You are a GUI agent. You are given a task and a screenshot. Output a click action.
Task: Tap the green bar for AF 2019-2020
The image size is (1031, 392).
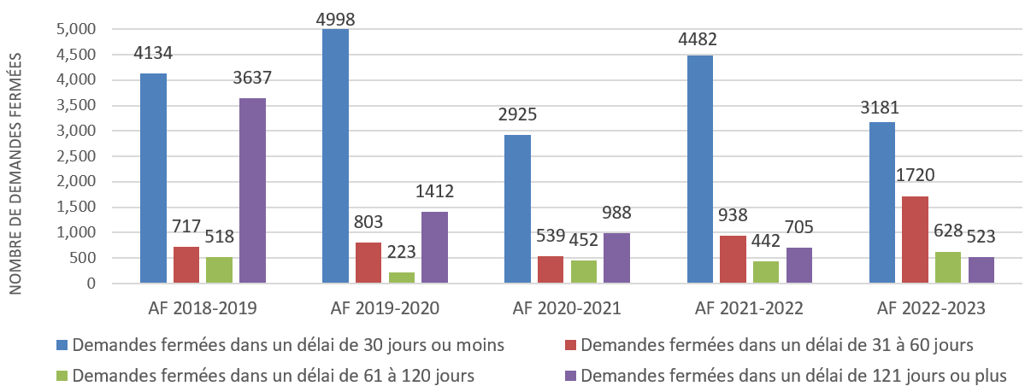pos(401,278)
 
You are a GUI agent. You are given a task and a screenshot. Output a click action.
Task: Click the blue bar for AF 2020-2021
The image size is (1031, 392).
pos(517,209)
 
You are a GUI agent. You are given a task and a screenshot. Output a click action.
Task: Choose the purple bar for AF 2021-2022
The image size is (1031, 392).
pos(799,266)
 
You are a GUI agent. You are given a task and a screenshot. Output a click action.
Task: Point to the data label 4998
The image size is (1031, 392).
pos(336,17)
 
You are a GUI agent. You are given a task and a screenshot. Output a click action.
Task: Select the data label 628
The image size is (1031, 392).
pos(948,231)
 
